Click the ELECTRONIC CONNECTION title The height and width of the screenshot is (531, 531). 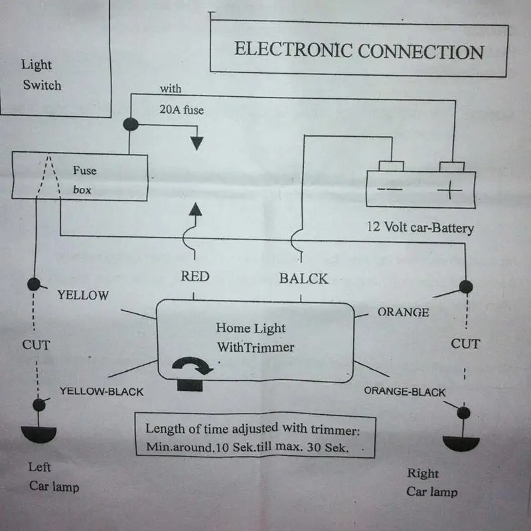tap(359, 51)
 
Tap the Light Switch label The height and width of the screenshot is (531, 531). tap(41, 75)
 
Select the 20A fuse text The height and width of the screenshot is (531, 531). tap(181, 110)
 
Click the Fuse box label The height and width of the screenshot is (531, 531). tap(85, 180)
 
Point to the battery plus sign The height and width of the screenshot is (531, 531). tap(449, 190)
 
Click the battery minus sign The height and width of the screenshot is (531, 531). tap(390, 189)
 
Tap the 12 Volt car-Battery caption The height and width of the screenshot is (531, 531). tap(420, 227)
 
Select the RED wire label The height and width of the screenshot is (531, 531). tap(195, 276)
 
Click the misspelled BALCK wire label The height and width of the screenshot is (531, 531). tap(304, 279)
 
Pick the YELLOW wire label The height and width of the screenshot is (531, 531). tap(83, 295)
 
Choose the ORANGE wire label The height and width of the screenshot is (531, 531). tap(404, 312)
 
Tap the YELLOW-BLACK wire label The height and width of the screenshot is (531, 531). tap(102, 392)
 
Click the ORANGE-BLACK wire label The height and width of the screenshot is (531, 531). tap(405, 392)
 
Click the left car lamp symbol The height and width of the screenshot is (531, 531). tap(38, 434)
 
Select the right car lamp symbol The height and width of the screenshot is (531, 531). tap(461, 443)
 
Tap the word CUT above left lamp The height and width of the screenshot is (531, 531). tap(36, 344)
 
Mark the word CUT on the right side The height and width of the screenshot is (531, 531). tap(465, 344)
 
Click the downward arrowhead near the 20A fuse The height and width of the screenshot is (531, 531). tap(196, 143)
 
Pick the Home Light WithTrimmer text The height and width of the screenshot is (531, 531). tap(255, 337)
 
